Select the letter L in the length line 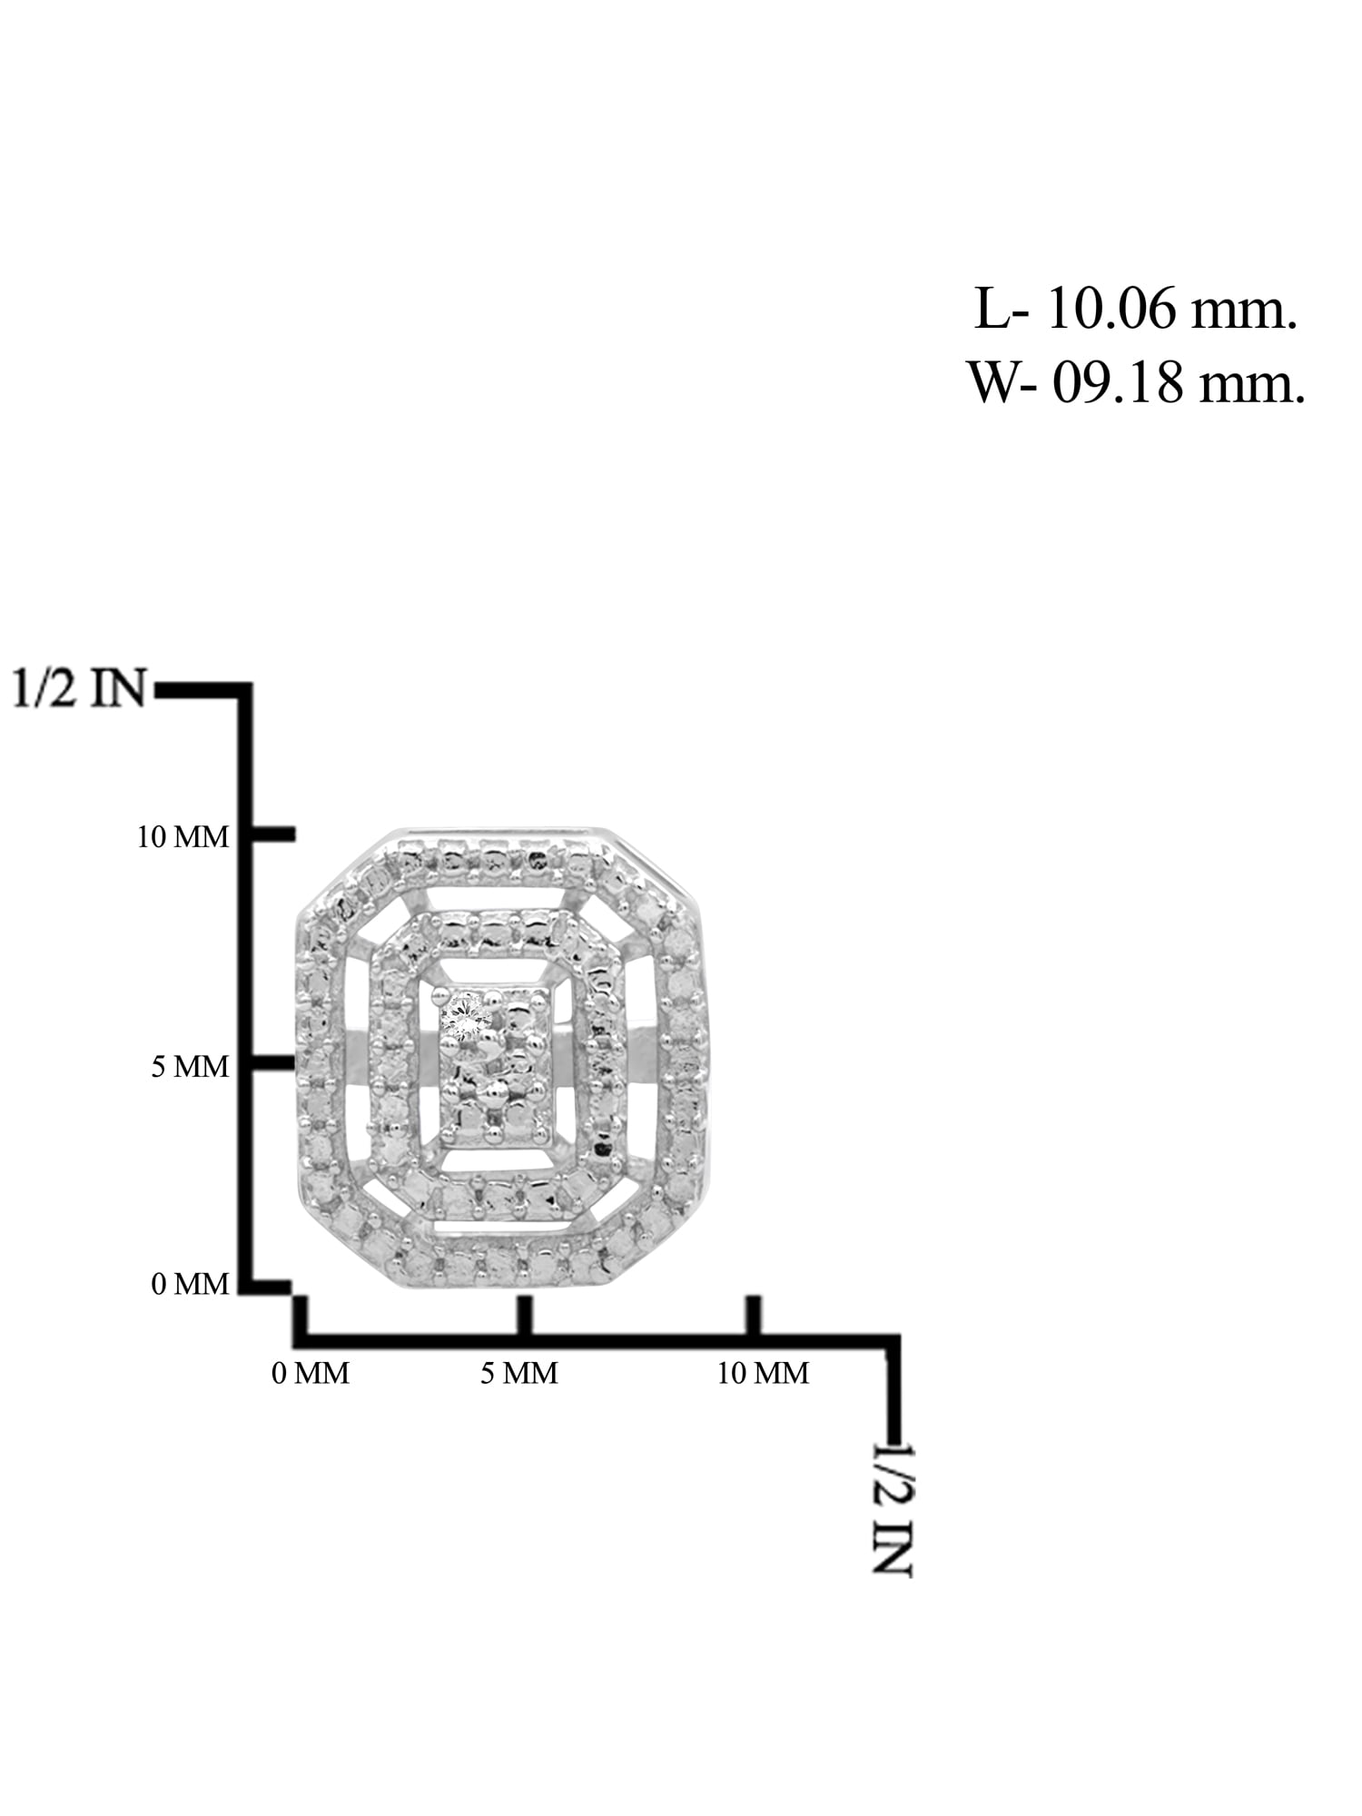(991, 311)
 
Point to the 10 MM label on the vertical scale (183, 836)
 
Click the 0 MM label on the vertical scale (190, 1284)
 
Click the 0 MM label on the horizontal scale (311, 1373)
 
